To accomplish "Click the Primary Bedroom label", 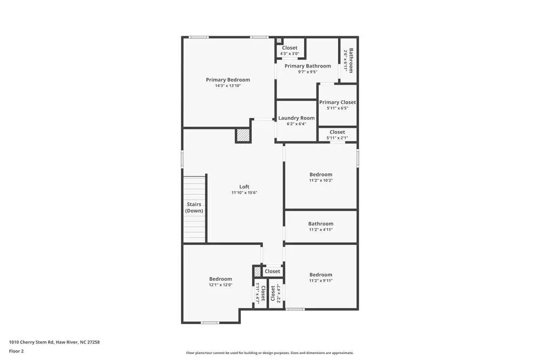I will pos(227,80).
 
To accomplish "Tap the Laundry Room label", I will pos(296,118).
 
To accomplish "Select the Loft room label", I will pos(244,187).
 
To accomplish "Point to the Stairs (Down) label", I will pos(194,208).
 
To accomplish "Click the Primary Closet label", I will pos(337,102).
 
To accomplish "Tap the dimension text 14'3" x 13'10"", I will pos(227,86).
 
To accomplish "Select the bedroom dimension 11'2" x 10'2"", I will pos(320,180).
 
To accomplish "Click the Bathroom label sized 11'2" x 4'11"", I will pos(320,223).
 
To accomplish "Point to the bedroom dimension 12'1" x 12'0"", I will pos(220,285).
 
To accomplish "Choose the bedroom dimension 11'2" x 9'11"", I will pos(320,281).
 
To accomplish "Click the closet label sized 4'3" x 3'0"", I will pos(289,48).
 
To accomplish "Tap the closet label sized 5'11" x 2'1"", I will pos(337,132).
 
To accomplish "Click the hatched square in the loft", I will pos(244,135).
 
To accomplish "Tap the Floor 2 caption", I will pos(16,351).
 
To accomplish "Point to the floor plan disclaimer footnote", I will pos(270,353).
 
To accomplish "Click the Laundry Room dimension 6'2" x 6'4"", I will pos(296,124).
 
